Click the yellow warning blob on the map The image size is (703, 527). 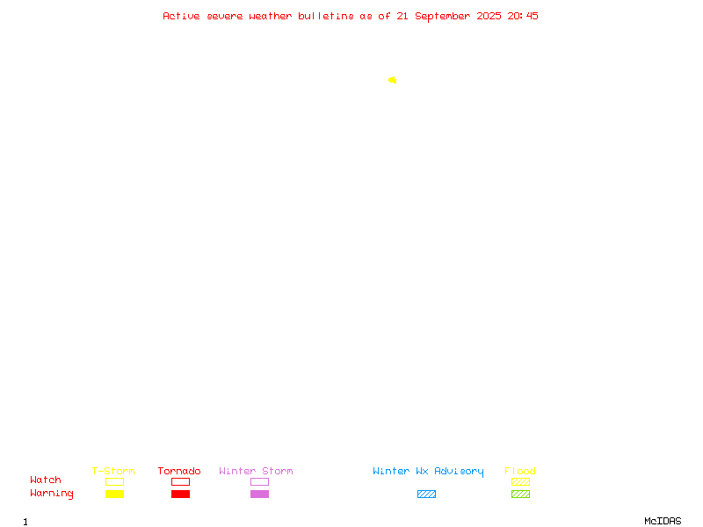(x=392, y=80)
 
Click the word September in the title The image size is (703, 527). (x=443, y=17)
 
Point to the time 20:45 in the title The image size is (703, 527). (x=523, y=16)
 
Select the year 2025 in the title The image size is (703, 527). (x=489, y=16)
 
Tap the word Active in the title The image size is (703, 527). (x=181, y=16)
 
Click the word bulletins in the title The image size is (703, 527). (x=326, y=16)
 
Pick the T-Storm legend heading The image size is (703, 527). (x=113, y=471)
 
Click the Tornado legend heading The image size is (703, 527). (x=179, y=471)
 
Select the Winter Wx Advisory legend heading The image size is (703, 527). (x=428, y=472)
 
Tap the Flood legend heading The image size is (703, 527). (x=520, y=471)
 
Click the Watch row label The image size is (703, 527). (x=46, y=480)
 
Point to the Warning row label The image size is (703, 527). (x=52, y=494)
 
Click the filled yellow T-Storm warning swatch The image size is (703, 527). (x=115, y=494)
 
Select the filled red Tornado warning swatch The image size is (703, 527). (x=181, y=494)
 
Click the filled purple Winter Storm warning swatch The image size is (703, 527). (x=259, y=494)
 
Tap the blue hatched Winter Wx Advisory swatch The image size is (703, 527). (x=426, y=494)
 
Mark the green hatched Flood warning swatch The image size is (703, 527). (x=520, y=494)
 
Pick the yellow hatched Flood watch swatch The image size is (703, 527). (x=520, y=481)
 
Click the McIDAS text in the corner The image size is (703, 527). (x=663, y=521)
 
